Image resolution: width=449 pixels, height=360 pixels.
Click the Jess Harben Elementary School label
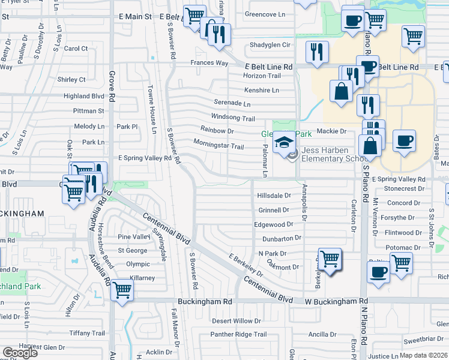point(334,154)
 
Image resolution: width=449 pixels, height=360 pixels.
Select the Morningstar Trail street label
point(218,146)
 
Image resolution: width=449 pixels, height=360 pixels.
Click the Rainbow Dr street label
point(217,130)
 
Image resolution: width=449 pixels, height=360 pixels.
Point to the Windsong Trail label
point(233,118)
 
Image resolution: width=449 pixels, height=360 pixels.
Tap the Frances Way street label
point(209,63)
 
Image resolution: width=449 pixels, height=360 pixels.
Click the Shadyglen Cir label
point(270,45)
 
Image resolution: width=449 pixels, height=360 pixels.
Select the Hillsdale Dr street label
point(274,196)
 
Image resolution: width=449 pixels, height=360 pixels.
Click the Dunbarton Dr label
point(277,238)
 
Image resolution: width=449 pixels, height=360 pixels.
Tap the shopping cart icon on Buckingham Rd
point(122,290)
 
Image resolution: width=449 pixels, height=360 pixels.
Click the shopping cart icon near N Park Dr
point(330,259)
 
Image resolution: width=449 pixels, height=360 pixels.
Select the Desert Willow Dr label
point(237,321)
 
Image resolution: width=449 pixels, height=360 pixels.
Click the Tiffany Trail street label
point(88,333)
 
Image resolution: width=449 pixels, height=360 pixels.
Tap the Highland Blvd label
point(84,96)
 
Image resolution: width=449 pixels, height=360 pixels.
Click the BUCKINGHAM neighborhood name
point(22,213)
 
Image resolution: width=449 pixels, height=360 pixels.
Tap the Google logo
point(19,353)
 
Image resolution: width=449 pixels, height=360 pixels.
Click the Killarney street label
point(141,278)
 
